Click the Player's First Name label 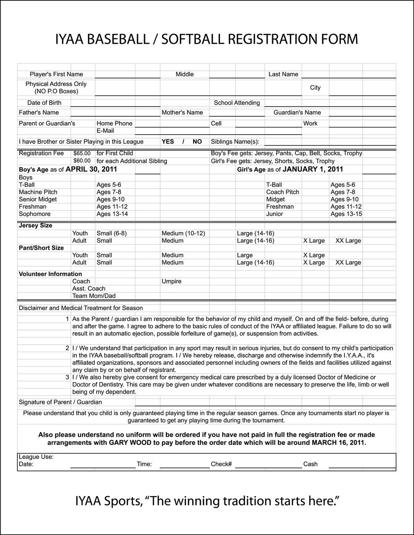click(56, 74)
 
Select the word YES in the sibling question click(168, 141)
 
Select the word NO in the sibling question click(197, 141)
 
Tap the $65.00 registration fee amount click(82, 153)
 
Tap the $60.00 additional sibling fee click(82, 161)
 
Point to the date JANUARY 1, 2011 click(313, 169)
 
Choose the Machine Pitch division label click(38, 192)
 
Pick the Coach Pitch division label click(283, 192)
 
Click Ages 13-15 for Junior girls click(346, 214)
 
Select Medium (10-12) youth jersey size click(183, 233)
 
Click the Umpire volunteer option click(171, 281)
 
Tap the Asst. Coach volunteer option click(89, 288)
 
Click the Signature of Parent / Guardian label click(60, 402)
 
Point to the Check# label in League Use click(221, 464)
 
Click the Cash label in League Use click(310, 464)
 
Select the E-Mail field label click(105, 131)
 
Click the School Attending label click(237, 103)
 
